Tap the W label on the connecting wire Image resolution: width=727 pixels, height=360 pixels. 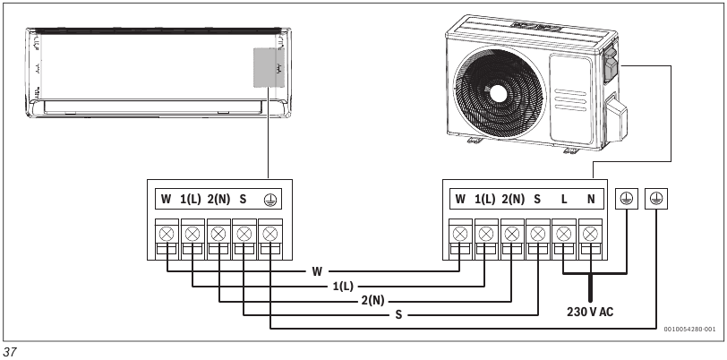coord(317,270)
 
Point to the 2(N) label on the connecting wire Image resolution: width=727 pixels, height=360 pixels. coord(372,300)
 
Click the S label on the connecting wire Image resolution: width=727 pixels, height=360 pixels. coord(398,315)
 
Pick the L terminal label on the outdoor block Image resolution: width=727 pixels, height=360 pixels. coord(564,199)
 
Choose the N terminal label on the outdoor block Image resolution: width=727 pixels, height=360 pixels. coord(590,199)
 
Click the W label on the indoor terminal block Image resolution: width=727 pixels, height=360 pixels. coord(167,199)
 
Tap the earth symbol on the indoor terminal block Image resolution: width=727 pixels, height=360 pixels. coord(269,199)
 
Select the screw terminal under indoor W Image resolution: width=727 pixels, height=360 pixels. coord(167,234)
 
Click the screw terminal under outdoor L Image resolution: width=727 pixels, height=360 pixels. coord(564,234)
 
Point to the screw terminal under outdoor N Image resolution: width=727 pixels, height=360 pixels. coord(590,234)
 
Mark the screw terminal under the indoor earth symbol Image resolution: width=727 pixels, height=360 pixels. coord(269,234)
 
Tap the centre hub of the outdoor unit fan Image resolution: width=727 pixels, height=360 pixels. coord(497,92)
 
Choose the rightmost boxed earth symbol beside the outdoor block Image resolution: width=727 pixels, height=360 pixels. coord(658,199)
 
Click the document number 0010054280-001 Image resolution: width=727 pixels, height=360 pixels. coord(689,329)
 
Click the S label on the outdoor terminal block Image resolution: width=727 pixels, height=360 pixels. coord(537,199)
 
